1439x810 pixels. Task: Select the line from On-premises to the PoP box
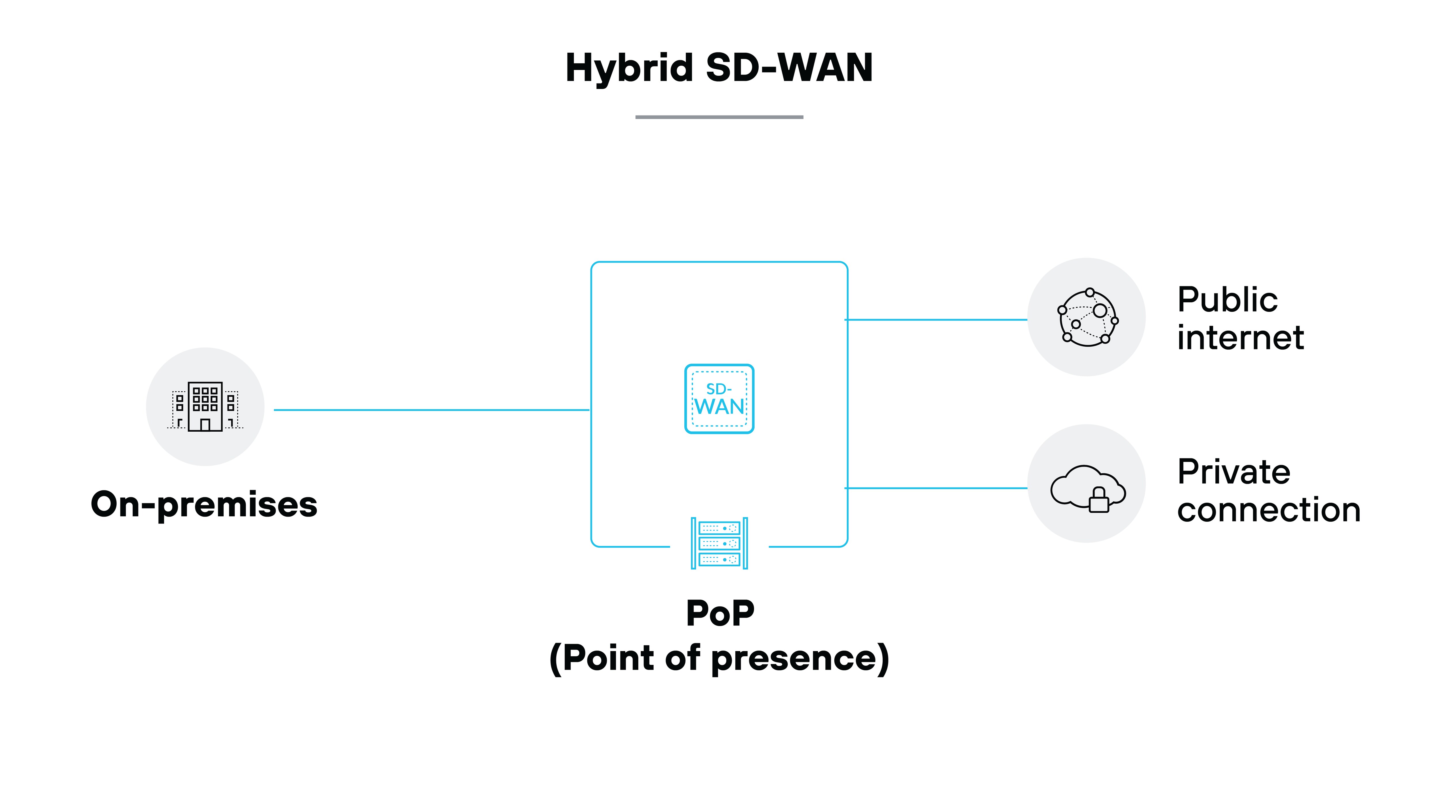[431, 410]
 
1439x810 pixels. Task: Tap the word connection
[1268, 510]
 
